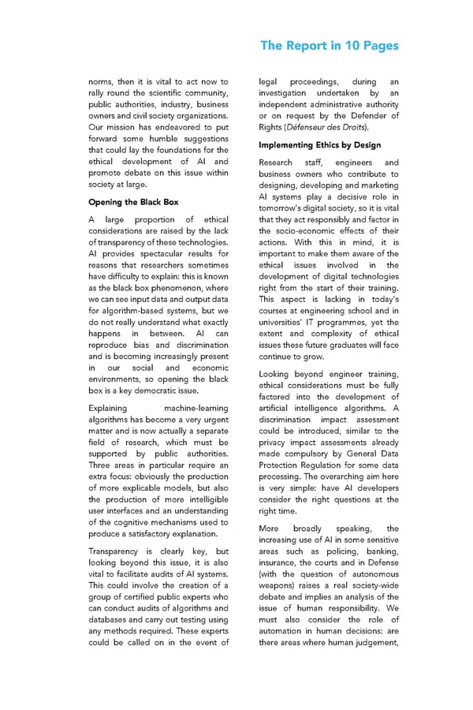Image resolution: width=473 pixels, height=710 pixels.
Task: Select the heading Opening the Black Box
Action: (x=133, y=202)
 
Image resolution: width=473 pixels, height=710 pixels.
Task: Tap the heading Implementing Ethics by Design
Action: (x=319, y=145)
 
